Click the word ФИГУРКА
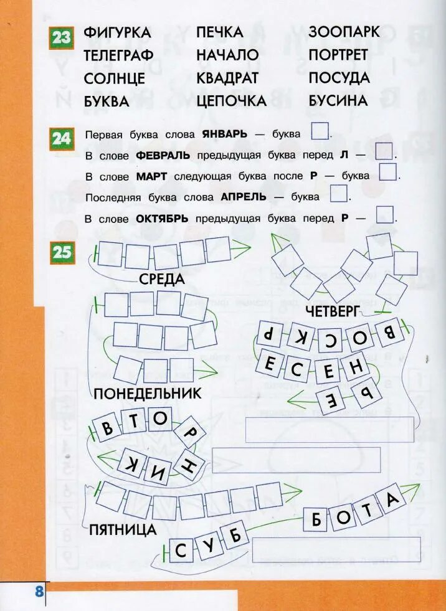tap(118, 33)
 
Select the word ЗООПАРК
tap(344, 32)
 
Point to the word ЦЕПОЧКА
tap(231, 101)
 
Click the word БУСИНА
tap(338, 100)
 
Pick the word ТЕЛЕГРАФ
tap(118, 55)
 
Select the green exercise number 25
tap(62, 252)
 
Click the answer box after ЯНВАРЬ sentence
tap(320, 132)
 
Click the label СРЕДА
tap(162, 279)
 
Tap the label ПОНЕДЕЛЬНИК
tap(148, 394)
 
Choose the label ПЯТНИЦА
tap(122, 530)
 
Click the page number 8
tap(39, 591)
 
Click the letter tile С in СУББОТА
tap(181, 551)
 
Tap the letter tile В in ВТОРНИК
tap(107, 428)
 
